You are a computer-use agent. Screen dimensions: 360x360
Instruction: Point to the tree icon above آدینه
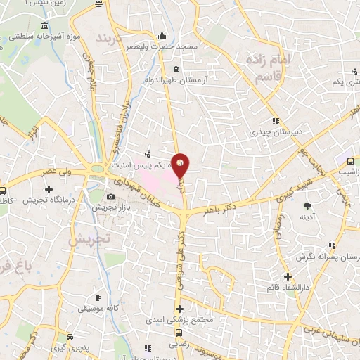click(307, 206)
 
